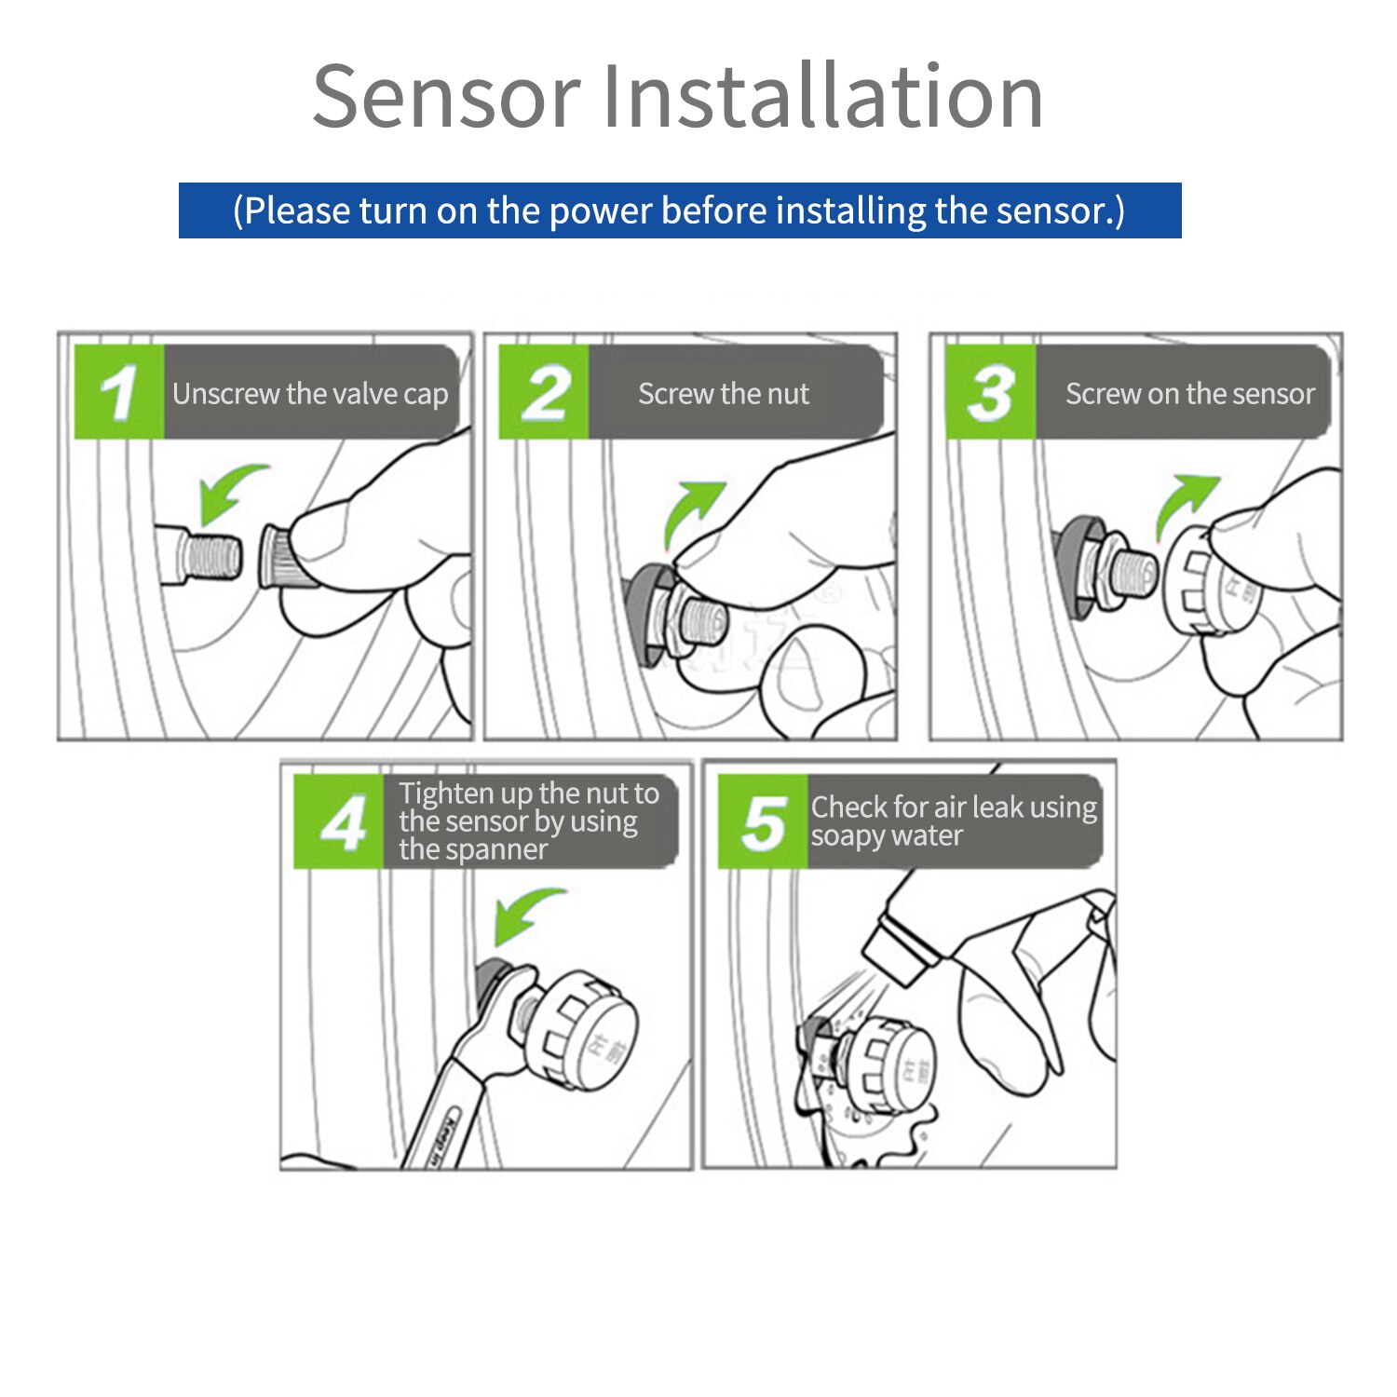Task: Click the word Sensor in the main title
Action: click(446, 96)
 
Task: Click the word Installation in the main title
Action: click(823, 96)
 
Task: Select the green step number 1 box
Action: click(119, 392)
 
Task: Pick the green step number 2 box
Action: click(544, 392)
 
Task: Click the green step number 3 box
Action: click(990, 392)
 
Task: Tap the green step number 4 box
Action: click(339, 821)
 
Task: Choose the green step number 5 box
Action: click(763, 821)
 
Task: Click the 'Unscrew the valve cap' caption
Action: click(310, 394)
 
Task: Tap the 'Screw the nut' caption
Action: click(724, 394)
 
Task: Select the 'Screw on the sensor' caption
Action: click(1189, 394)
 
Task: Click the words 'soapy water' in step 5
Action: click(886, 836)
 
